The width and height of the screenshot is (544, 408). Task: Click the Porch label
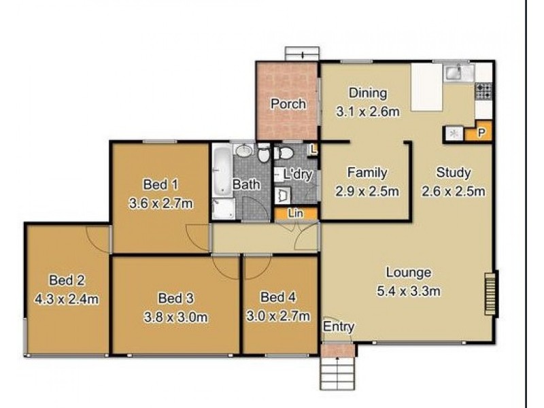click(x=288, y=104)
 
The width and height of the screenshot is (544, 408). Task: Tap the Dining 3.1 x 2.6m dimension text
click(x=368, y=112)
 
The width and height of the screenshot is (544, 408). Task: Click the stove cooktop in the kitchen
click(x=483, y=91)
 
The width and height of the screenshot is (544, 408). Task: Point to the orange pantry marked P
click(x=479, y=132)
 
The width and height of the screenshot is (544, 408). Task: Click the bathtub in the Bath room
click(x=222, y=171)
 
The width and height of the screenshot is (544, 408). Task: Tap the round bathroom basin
click(x=245, y=150)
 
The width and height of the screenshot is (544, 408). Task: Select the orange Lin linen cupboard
click(x=296, y=214)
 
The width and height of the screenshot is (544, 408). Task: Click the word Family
click(x=367, y=173)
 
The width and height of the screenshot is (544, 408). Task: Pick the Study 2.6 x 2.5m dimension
click(x=454, y=191)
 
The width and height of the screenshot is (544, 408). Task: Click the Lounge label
click(x=409, y=273)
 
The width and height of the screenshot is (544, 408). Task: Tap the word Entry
click(x=339, y=326)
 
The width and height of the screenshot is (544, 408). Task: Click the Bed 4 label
click(x=278, y=297)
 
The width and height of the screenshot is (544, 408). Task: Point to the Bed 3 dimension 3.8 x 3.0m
click(x=176, y=317)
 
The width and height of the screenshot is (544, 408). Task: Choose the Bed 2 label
click(x=67, y=280)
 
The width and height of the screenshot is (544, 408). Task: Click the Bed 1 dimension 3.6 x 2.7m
click(x=160, y=203)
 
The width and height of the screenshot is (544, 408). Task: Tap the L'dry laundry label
click(x=298, y=175)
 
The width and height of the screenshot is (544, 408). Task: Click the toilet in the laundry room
click(x=284, y=152)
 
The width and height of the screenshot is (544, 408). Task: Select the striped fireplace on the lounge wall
click(x=491, y=294)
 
